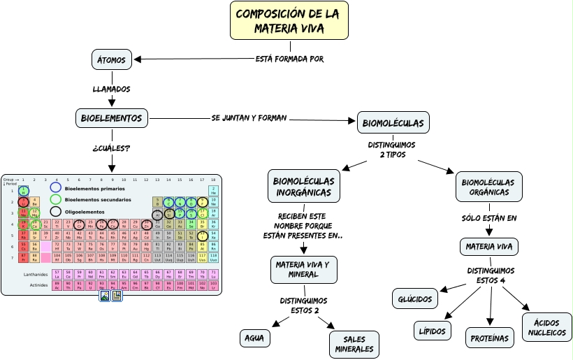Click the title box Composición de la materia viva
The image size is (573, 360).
pyautogui.click(x=289, y=21)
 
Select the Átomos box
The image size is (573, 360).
pyautogui.click(x=112, y=60)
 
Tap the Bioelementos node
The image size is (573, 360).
pyautogui.click(x=112, y=118)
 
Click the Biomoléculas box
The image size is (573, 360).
pyautogui.click(x=393, y=123)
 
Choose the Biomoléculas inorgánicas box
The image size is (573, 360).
pyautogui.click(x=304, y=186)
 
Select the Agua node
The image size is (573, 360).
pyautogui.click(x=254, y=338)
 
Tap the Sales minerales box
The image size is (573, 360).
pyautogui.click(x=354, y=344)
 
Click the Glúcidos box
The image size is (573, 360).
pyautogui.click(x=416, y=299)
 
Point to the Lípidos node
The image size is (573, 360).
pyautogui.click(x=432, y=331)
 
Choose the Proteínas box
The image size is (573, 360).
pyautogui.click(x=490, y=338)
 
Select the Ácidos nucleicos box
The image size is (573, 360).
pyautogui.click(x=546, y=327)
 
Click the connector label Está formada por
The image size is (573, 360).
pyautogui.click(x=289, y=59)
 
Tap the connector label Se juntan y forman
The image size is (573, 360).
pyautogui.click(x=249, y=117)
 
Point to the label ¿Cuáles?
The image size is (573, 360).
pyautogui.click(x=111, y=148)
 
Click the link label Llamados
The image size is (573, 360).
pyautogui.click(x=111, y=89)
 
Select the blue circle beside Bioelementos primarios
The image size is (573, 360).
pyautogui.click(x=56, y=188)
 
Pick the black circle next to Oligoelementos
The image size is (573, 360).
pyautogui.click(x=56, y=211)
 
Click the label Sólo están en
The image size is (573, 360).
pyautogui.click(x=489, y=218)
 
